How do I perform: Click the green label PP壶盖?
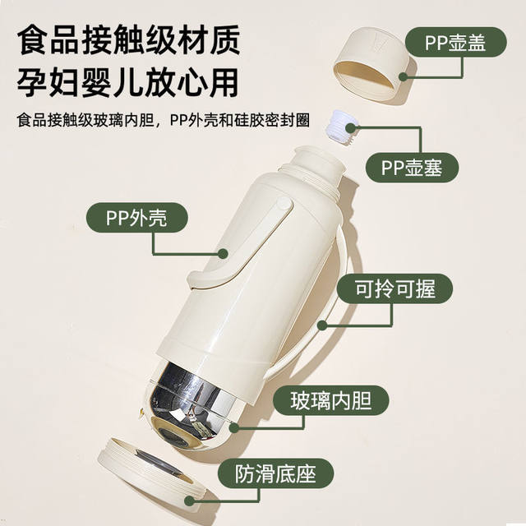[x=455, y=42]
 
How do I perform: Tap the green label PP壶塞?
[x=412, y=168]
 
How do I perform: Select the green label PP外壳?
[x=137, y=218]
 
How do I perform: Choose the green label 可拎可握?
[x=394, y=288]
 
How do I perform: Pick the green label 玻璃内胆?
[x=331, y=400]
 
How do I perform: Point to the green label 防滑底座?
[x=276, y=473]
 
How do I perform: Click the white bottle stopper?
[x=342, y=129]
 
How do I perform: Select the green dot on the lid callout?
[x=404, y=76]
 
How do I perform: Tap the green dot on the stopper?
[x=350, y=128]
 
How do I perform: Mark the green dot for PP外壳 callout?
[x=223, y=254]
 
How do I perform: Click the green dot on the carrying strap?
[x=322, y=325]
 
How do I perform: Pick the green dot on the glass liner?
[x=234, y=427]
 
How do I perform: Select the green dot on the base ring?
[x=190, y=501]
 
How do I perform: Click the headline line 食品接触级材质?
[x=128, y=40]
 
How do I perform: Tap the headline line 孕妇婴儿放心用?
[x=128, y=82]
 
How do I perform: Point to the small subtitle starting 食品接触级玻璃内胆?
[x=164, y=120]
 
